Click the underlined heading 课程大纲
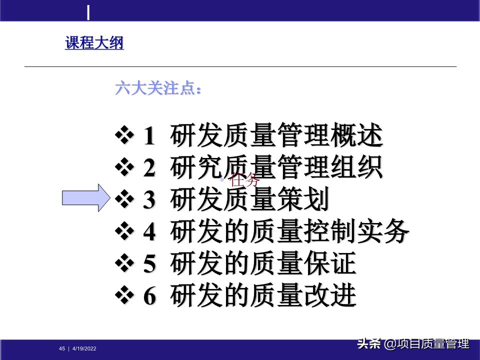(x=94, y=43)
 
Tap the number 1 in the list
(x=149, y=137)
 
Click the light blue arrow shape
(x=85, y=197)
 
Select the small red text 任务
(x=245, y=180)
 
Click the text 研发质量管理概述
(x=276, y=136)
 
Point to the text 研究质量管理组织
(x=276, y=168)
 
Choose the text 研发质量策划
(x=250, y=200)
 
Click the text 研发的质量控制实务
(x=290, y=232)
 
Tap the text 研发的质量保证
(x=263, y=264)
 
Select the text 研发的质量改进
(x=263, y=296)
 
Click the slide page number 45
(x=62, y=348)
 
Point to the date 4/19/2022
(x=84, y=348)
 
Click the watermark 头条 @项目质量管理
(x=412, y=344)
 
